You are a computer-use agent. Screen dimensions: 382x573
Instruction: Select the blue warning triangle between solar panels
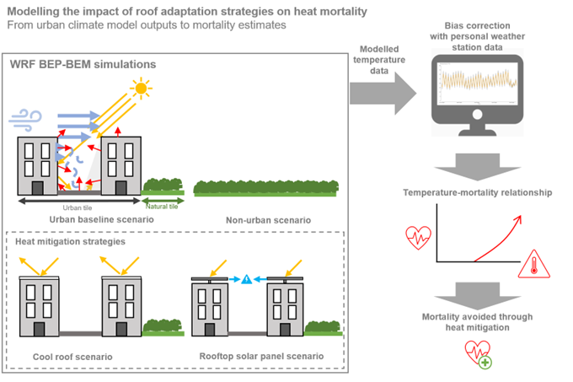point(245,279)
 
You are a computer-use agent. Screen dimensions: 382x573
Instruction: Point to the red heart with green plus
point(478,355)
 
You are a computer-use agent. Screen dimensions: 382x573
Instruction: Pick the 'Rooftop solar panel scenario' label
point(260,356)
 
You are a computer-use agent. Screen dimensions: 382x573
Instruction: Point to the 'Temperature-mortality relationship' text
point(477,193)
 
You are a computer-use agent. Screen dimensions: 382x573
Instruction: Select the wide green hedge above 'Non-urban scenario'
point(265,187)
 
